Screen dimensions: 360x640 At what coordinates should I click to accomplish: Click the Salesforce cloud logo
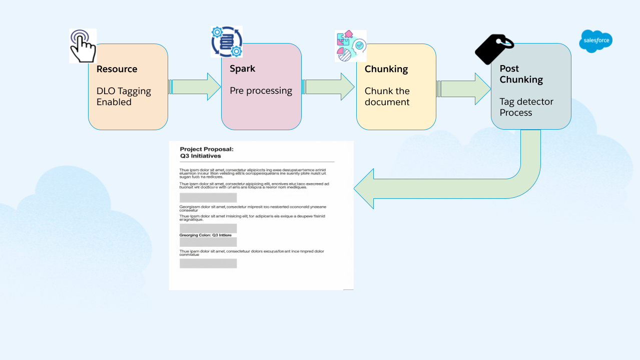point(595,41)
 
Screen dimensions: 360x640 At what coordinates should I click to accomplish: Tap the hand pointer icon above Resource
point(83,46)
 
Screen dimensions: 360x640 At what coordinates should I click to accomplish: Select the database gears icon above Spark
point(227,42)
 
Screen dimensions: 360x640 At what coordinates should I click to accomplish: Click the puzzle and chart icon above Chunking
point(350,46)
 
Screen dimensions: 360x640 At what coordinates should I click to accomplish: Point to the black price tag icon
point(493,49)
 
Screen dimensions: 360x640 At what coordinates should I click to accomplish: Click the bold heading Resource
point(117,69)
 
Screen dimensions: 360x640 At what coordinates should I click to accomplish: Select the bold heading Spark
point(242,69)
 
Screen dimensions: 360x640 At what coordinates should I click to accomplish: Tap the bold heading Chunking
point(386,69)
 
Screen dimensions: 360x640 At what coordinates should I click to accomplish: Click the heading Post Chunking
point(521,74)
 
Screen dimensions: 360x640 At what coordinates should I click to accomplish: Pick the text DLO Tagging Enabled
point(123,97)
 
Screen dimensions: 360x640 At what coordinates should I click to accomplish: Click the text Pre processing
point(261,91)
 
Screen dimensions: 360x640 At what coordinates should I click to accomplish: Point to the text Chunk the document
point(387,97)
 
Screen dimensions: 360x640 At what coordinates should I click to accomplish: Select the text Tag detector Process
point(526,107)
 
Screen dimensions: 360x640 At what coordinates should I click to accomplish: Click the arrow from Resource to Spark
point(195,87)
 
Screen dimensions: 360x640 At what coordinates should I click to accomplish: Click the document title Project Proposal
point(207,149)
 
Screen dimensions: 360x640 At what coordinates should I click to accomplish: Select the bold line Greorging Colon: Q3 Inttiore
point(205,235)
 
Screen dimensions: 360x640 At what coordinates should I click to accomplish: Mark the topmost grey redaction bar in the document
point(208,198)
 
